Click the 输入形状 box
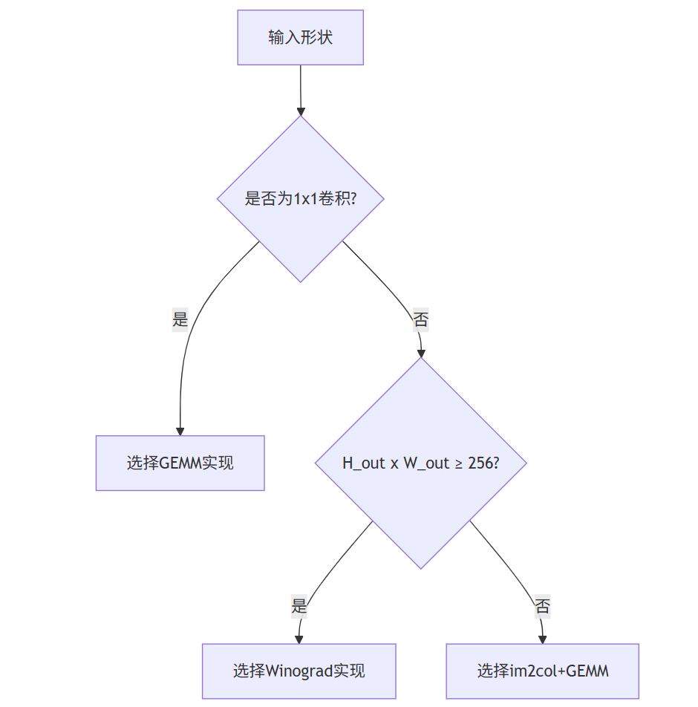[300, 37]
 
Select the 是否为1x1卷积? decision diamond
[300, 199]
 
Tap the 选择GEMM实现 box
[180, 463]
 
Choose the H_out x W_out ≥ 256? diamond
[420, 463]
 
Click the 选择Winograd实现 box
[299, 671]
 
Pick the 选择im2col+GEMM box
[542, 671]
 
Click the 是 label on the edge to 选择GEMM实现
[180, 319]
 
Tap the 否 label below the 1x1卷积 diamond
[420, 320]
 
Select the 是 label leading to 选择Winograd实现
[299, 606]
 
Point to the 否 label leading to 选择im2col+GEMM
[543, 606]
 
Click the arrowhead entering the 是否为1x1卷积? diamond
[300, 110]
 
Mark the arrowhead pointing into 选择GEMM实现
[180, 431]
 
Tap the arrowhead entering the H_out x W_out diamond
[420, 353]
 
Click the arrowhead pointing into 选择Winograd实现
[299, 639]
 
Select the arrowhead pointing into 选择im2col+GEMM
[543, 639]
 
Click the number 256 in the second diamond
[480, 463]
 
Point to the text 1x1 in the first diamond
[305, 199]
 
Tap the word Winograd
[299, 671]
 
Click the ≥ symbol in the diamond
[459, 463]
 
